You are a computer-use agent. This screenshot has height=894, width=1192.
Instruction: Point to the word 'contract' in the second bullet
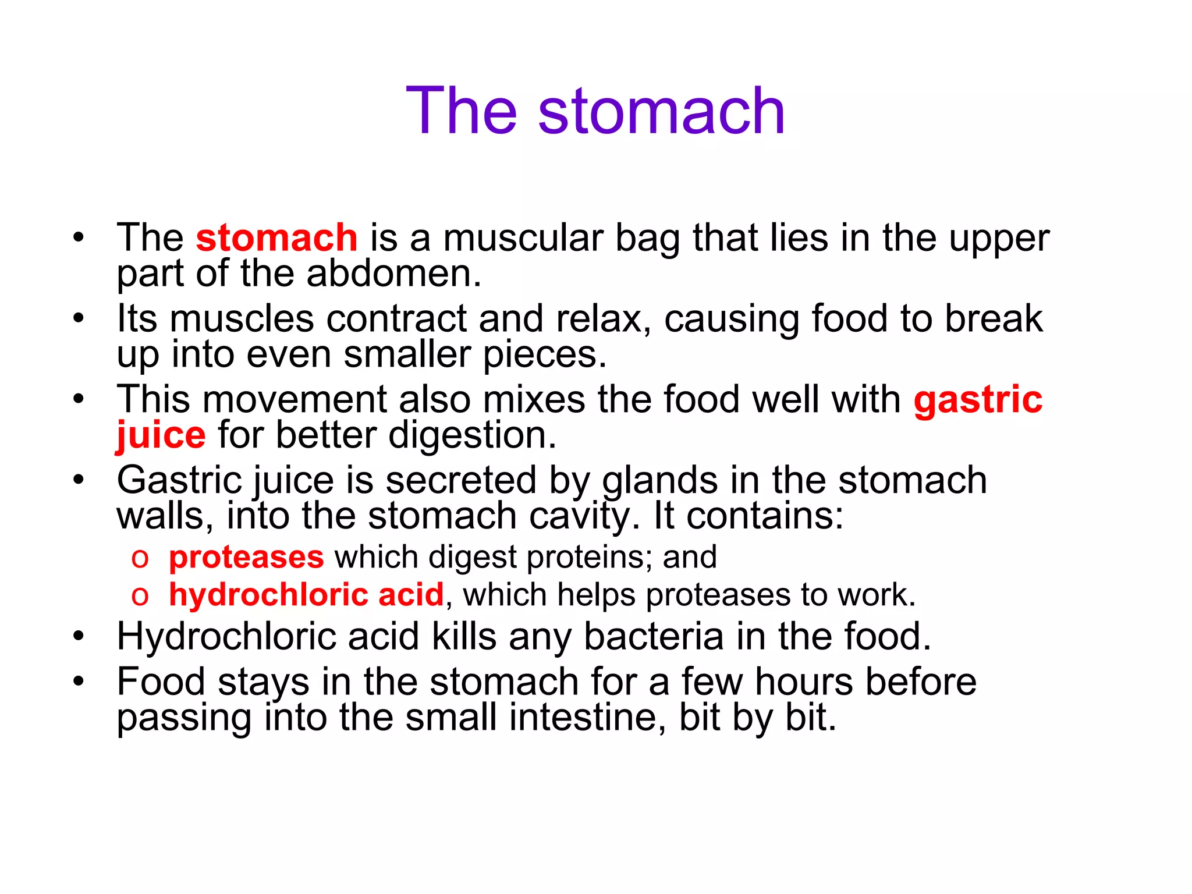coord(396,318)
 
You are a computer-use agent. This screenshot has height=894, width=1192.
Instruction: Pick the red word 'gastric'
coord(978,399)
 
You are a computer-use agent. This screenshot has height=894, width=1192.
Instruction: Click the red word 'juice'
coord(161,435)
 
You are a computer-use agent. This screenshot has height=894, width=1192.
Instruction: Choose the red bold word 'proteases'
coord(246,557)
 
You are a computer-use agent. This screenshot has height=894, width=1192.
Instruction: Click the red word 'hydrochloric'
coord(268,594)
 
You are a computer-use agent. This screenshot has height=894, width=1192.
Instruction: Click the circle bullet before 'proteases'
coord(140,558)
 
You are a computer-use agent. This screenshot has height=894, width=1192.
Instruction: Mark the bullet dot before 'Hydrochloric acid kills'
coord(79,636)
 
